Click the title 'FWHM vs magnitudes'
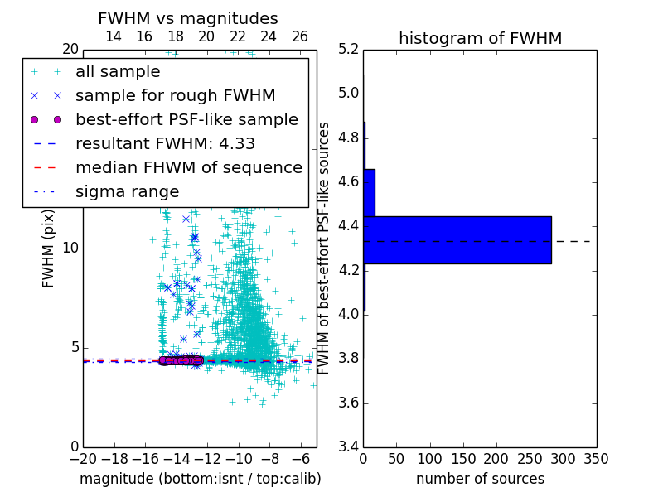point(188,18)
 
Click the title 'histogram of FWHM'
point(480,38)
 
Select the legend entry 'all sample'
point(118,72)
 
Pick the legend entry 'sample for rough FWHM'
point(175,96)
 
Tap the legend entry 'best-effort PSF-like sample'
point(186,120)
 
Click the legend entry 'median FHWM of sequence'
point(188,168)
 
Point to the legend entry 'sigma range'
point(127,192)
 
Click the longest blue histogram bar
point(457,240)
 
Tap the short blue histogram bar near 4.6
point(369,193)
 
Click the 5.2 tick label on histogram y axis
point(349,49)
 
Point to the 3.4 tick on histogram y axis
point(349,447)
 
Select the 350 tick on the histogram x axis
point(596,458)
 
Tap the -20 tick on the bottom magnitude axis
point(83,458)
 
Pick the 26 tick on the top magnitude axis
point(300,36)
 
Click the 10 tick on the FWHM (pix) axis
point(70,248)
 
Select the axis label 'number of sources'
point(480,479)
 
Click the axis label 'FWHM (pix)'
point(49,248)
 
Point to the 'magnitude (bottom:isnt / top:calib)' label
point(200,479)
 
